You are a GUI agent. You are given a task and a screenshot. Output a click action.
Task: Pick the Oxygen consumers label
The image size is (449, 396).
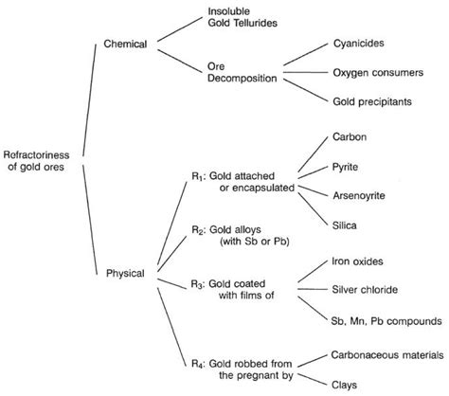tap(377, 72)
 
